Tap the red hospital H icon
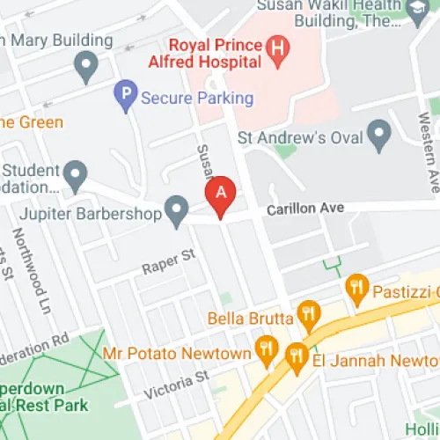pyautogui.click(x=278, y=52)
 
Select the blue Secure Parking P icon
pyautogui.click(x=127, y=96)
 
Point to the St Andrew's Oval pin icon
pyautogui.click(x=379, y=136)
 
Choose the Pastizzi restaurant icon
pyautogui.click(x=356, y=286)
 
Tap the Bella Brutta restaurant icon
pyautogui.click(x=307, y=313)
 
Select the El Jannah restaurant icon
pyautogui.click(x=296, y=356)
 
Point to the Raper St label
pyautogui.click(x=167, y=260)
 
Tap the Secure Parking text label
pyautogui.click(x=197, y=98)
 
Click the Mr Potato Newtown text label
pyautogui.click(x=176, y=354)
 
